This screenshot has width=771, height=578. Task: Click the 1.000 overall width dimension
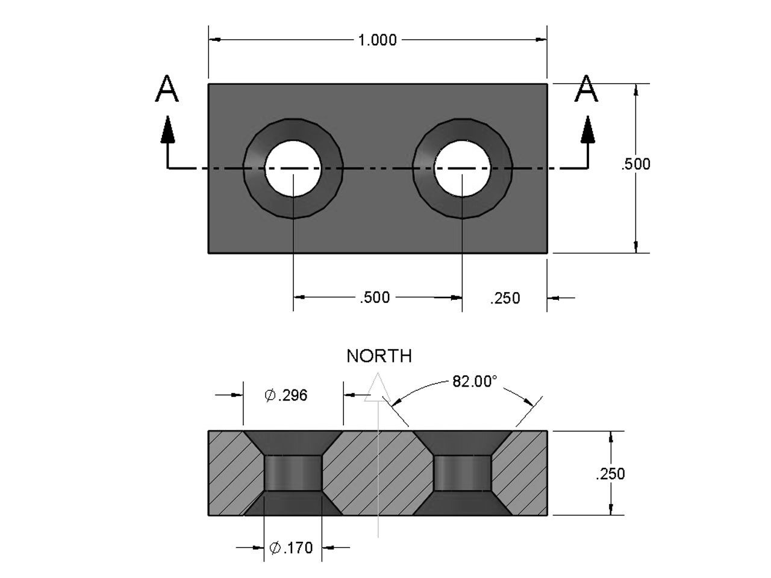378,40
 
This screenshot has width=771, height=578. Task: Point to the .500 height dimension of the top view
636,164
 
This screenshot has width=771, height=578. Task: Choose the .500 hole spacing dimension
375,297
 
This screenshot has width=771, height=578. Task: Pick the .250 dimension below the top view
505,298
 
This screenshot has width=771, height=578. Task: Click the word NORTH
379,356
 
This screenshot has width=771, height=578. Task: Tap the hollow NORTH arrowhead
378,388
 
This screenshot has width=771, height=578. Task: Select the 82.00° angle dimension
475,382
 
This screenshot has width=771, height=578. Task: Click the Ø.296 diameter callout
287,395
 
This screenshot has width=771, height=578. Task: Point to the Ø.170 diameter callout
292,548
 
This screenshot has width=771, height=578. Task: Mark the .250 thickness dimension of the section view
610,474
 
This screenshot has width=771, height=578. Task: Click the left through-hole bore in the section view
293,473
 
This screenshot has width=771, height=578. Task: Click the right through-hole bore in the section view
462,473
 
